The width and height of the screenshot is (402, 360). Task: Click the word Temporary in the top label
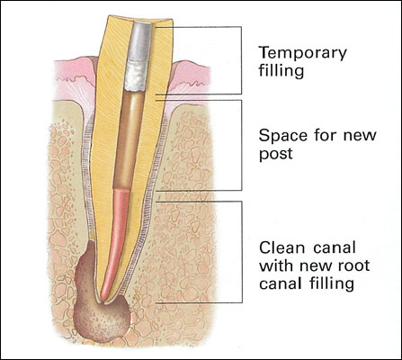tap(303, 54)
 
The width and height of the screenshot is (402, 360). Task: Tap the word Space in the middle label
tap(283, 135)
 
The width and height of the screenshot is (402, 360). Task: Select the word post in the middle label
tap(275, 154)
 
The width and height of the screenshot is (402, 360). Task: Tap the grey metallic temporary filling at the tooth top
tap(139, 41)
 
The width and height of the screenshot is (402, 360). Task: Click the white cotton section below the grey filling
tap(136, 76)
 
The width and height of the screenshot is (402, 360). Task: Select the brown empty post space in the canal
tap(130, 139)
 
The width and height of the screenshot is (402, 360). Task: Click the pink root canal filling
tap(116, 240)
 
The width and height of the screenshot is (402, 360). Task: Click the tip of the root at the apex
tap(103, 301)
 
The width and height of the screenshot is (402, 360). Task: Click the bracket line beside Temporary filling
tap(242, 60)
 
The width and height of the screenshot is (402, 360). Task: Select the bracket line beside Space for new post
tap(242, 146)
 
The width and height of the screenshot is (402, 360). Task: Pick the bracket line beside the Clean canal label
tap(242, 252)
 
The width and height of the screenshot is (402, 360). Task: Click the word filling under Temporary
tap(281, 72)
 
